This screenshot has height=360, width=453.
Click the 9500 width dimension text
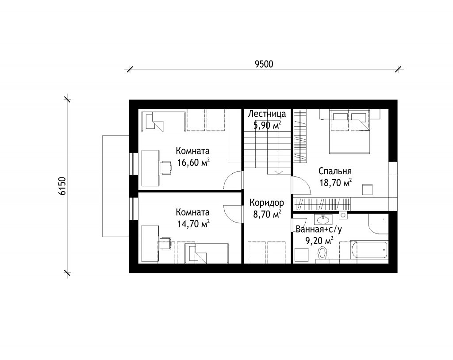[x=264, y=64]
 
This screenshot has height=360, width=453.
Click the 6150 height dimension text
[x=62, y=186]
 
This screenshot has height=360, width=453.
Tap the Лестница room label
[x=267, y=114]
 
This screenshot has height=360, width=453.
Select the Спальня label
[x=335, y=171]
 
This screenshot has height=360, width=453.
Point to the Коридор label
[x=267, y=203]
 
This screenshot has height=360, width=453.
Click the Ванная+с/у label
[x=319, y=230]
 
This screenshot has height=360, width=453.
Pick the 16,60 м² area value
[x=193, y=162]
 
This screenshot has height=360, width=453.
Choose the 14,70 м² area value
[x=193, y=224]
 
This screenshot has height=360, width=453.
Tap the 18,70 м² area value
[x=335, y=183]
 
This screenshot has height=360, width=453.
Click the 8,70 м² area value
[x=267, y=214]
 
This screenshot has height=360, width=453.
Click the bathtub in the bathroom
[x=369, y=250]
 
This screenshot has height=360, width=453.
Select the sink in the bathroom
[x=322, y=219]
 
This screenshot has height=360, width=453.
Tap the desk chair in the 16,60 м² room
[x=166, y=168]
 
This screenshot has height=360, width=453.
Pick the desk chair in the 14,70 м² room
[x=165, y=243]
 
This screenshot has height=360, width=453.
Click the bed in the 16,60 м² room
[x=163, y=122]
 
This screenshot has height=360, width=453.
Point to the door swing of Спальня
[x=301, y=185]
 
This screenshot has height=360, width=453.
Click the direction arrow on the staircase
[x=279, y=172]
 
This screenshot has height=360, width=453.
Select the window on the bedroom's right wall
[x=393, y=186]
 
